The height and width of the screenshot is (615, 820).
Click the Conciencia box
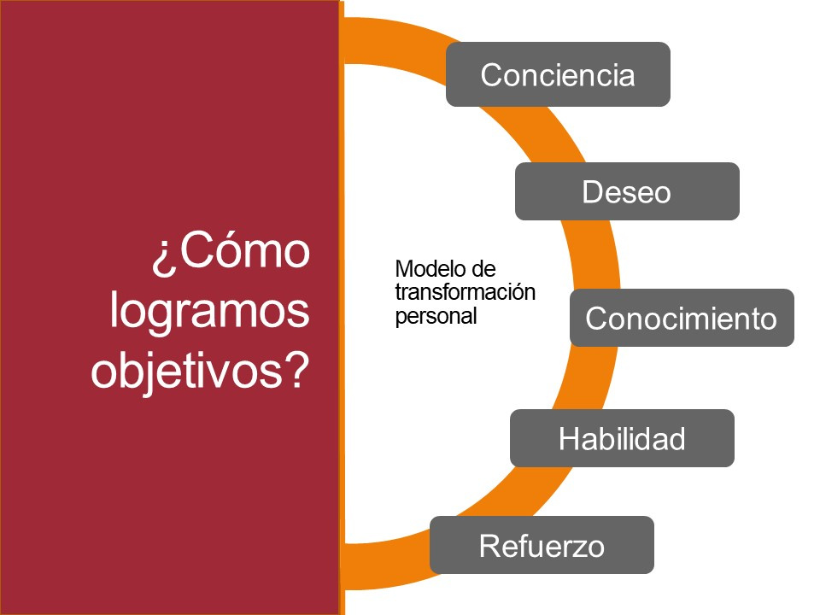click(558, 74)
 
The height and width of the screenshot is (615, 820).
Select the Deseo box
click(626, 191)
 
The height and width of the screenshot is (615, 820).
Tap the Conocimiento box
click(682, 318)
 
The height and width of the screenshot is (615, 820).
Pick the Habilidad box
click(622, 438)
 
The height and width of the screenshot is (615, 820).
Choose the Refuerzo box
click(542, 545)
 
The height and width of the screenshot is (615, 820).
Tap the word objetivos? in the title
click(200, 372)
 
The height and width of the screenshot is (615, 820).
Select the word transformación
click(465, 292)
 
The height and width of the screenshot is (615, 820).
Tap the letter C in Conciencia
click(490, 74)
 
